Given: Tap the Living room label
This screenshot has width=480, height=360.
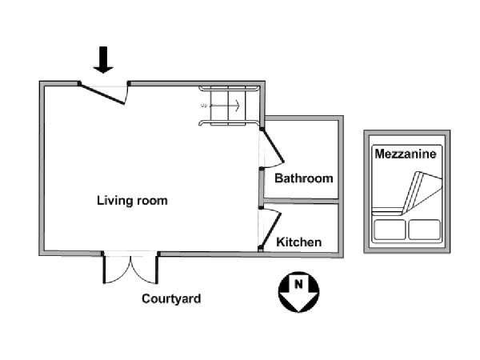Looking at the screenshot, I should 132,201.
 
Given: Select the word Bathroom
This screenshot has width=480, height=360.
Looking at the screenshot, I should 303,178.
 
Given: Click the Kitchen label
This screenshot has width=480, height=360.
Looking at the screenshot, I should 298,242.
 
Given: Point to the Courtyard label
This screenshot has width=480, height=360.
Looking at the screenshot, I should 171,299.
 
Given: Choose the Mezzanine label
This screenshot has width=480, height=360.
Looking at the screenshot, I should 406,154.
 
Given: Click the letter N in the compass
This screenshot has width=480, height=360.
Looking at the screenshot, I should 298,283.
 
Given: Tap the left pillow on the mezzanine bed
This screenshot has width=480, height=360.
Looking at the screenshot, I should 390,230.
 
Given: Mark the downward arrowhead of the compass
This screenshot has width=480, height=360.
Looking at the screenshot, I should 298,303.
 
